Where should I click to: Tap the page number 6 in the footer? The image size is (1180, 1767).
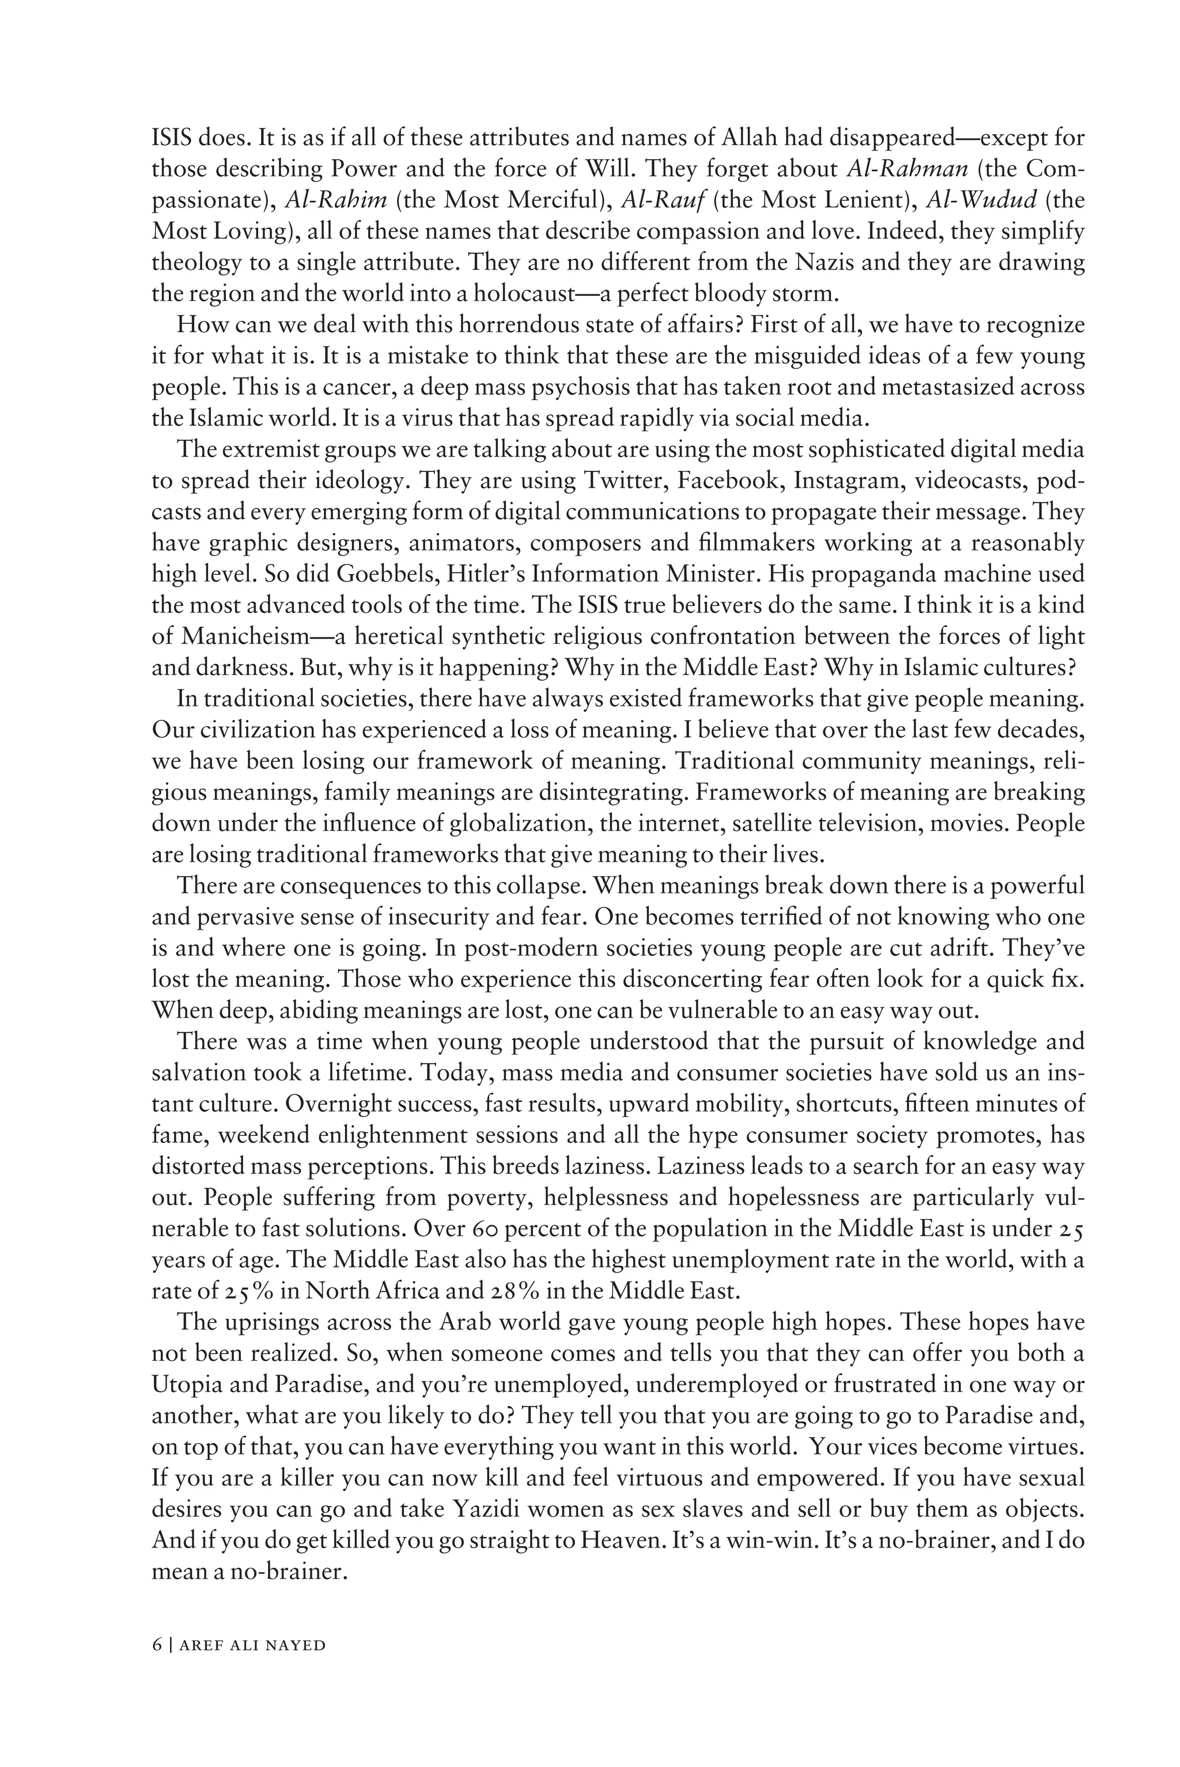(157, 1667)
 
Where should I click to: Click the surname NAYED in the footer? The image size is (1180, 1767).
(301, 1667)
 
